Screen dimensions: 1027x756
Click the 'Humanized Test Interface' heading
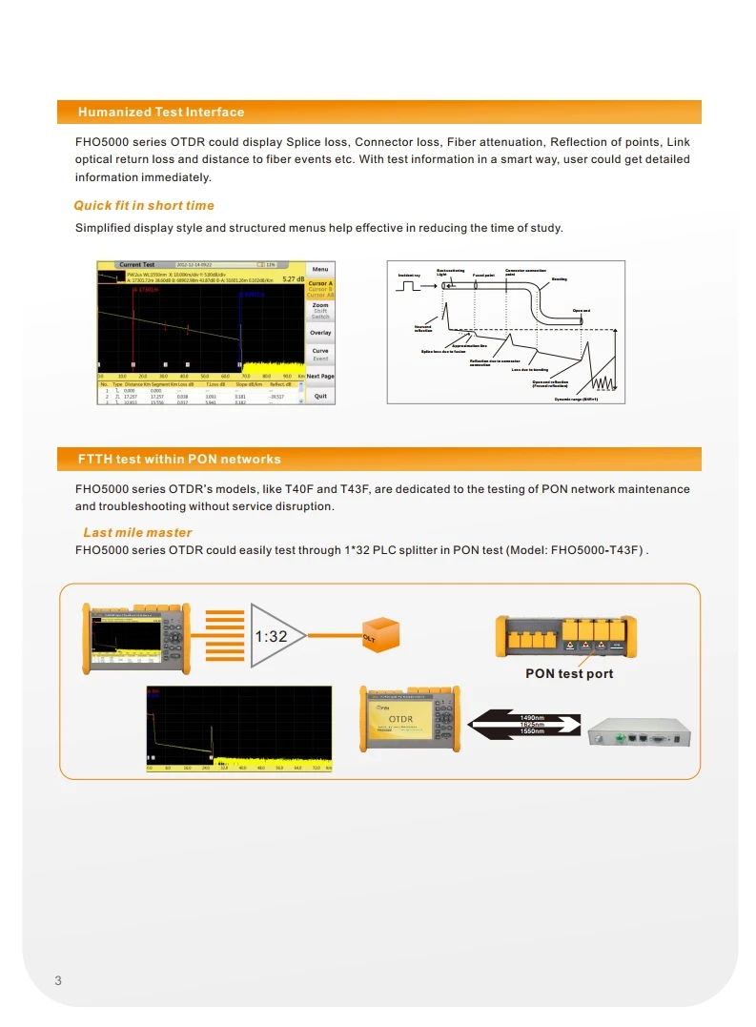[160, 113]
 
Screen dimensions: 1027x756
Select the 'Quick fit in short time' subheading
[144, 205]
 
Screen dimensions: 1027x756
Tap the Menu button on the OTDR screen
[320, 269]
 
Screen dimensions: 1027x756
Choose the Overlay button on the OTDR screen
[320, 333]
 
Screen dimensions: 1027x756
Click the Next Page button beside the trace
[320, 377]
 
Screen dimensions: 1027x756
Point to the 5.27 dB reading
[292, 279]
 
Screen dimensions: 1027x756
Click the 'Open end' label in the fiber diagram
[581, 311]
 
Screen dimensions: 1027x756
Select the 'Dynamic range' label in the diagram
[577, 399]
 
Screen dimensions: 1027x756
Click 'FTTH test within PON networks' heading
[179, 460]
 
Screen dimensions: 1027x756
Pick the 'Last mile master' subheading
[137, 532]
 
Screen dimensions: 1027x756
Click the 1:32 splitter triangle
[277, 636]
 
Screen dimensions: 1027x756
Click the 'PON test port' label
[569, 673]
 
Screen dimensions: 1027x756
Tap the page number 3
[58, 981]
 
